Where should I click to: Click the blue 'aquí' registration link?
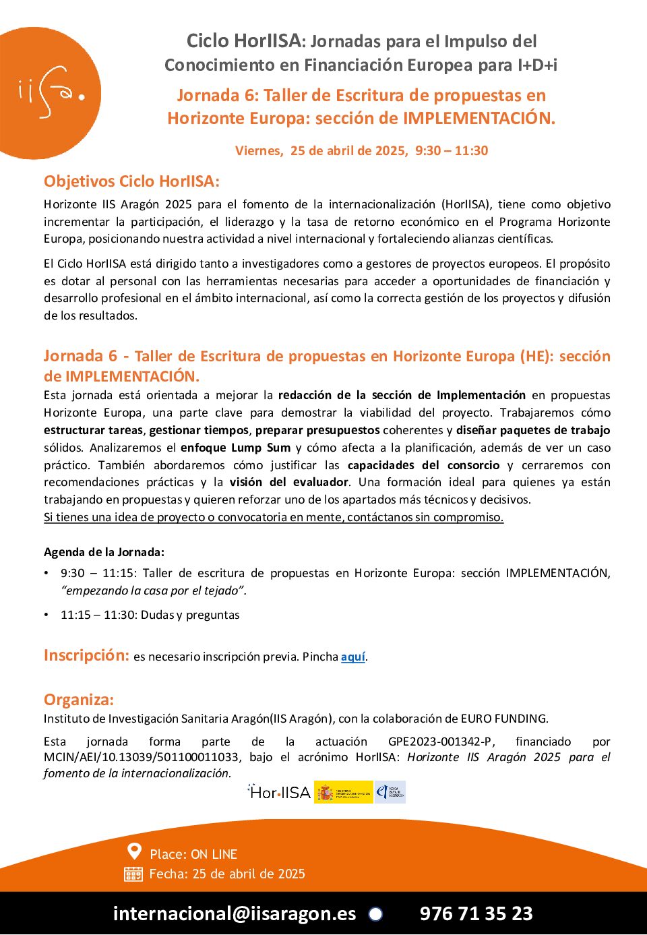(353, 657)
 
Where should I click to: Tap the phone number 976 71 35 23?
(476, 913)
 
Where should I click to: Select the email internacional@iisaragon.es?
(235, 913)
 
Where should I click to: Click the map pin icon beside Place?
(135, 852)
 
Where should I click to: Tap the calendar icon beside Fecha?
(133, 874)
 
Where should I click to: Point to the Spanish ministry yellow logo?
(343, 792)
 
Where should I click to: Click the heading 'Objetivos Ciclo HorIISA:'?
(131, 181)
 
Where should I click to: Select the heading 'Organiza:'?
(79, 700)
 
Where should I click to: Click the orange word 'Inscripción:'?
(86, 655)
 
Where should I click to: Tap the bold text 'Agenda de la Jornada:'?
(104, 552)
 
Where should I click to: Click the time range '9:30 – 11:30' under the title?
(452, 150)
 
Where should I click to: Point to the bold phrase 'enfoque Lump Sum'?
(236, 448)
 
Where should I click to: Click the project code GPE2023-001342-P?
(440, 742)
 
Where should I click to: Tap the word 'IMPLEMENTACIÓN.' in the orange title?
(479, 118)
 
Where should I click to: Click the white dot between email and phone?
(375, 913)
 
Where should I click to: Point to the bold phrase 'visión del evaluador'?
(289, 482)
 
